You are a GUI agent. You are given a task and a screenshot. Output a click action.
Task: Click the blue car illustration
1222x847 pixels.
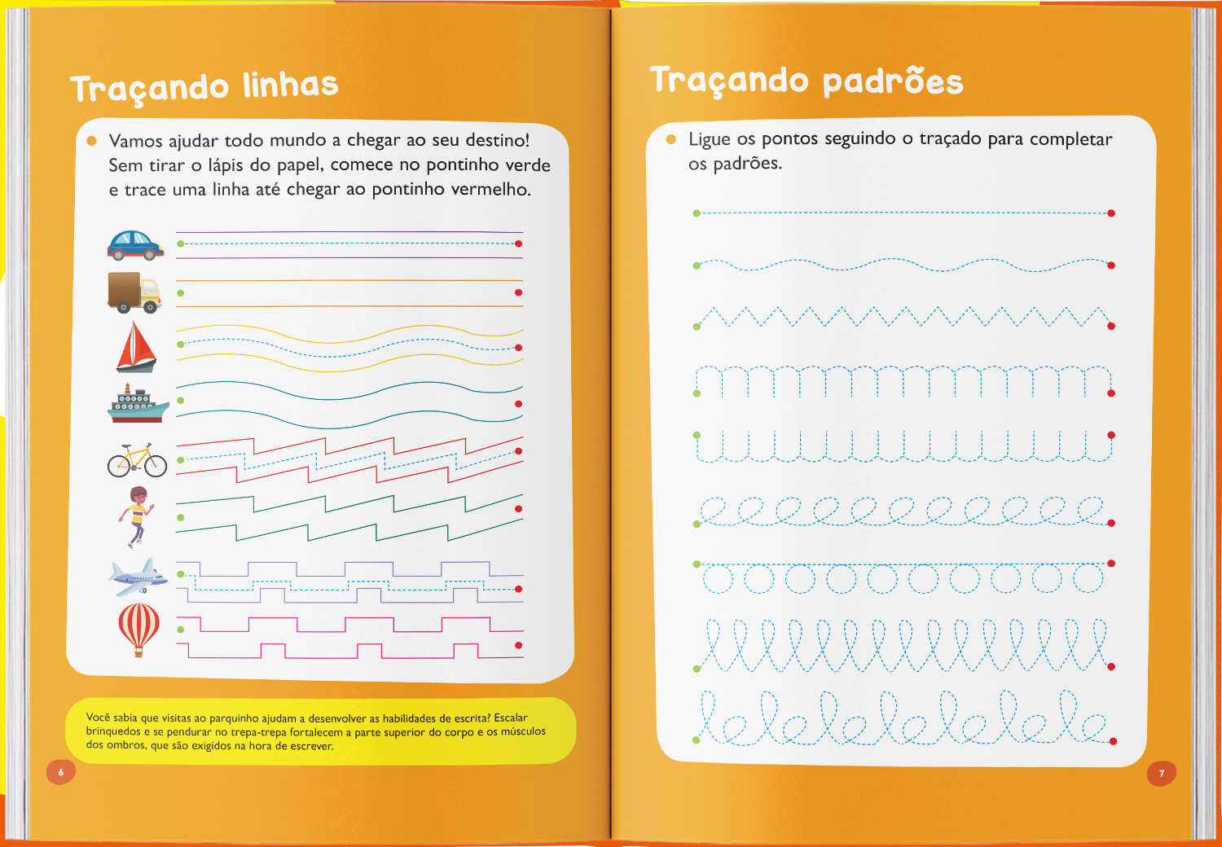coord(135,244)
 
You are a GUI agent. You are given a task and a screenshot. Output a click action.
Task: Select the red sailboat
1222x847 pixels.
coord(136,347)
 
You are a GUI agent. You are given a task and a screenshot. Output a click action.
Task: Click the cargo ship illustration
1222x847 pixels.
coord(138,404)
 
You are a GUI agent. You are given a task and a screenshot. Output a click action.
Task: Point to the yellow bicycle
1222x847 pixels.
coord(137,461)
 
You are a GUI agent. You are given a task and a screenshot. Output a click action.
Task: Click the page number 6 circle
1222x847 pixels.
coord(60,772)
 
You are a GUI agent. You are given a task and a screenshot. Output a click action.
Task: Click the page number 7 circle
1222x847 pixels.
coord(1162,773)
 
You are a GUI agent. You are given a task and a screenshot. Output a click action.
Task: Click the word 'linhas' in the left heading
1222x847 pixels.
coord(290,85)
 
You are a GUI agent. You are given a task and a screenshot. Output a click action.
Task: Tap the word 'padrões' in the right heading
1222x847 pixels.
coord(892,81)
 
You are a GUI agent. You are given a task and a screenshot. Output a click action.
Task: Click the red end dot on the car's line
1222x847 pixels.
coord(519,244)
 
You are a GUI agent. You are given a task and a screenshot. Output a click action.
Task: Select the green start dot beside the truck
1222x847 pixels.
coord(181,293)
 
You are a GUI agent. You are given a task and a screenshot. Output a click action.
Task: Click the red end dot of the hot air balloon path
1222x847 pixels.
coord(519,646)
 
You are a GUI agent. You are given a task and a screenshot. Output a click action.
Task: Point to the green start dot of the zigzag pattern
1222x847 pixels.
coord(697,327)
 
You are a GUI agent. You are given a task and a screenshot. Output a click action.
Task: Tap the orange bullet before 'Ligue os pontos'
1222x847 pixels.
coord(671,139)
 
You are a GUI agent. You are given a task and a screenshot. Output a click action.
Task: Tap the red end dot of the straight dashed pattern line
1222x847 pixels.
coord(1111,213)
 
